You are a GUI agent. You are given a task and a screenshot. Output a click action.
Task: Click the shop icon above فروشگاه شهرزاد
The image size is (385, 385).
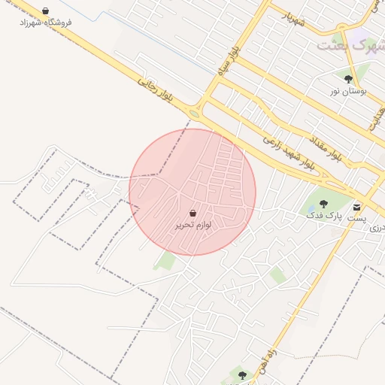[x=46, y=12]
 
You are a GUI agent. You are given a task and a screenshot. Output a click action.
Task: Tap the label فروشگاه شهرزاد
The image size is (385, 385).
[x=46, y=23]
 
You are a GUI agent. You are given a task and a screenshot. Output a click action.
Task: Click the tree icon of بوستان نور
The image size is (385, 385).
[x=347, y=79]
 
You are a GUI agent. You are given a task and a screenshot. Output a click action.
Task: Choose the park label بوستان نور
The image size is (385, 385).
[x=347, y=91]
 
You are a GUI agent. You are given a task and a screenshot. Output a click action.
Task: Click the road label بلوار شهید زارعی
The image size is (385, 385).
[x=288, y=151]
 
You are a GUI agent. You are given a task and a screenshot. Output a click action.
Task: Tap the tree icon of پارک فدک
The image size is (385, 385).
[x=323, y=204]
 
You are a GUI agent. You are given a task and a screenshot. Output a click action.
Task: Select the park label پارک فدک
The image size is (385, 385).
[x=323, y=216]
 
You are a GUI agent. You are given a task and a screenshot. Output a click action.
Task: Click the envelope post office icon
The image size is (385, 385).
[x=356, y=207]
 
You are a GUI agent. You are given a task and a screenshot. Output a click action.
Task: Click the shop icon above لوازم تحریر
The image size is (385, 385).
[x=192, y=214]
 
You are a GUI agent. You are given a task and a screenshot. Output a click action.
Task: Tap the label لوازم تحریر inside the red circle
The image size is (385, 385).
[x=192, y=225]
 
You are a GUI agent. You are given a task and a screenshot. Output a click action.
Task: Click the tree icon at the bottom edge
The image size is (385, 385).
[x=241, y=374]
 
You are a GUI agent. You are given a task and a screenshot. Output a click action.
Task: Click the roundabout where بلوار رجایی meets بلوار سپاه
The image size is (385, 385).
[x=196, y=114]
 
